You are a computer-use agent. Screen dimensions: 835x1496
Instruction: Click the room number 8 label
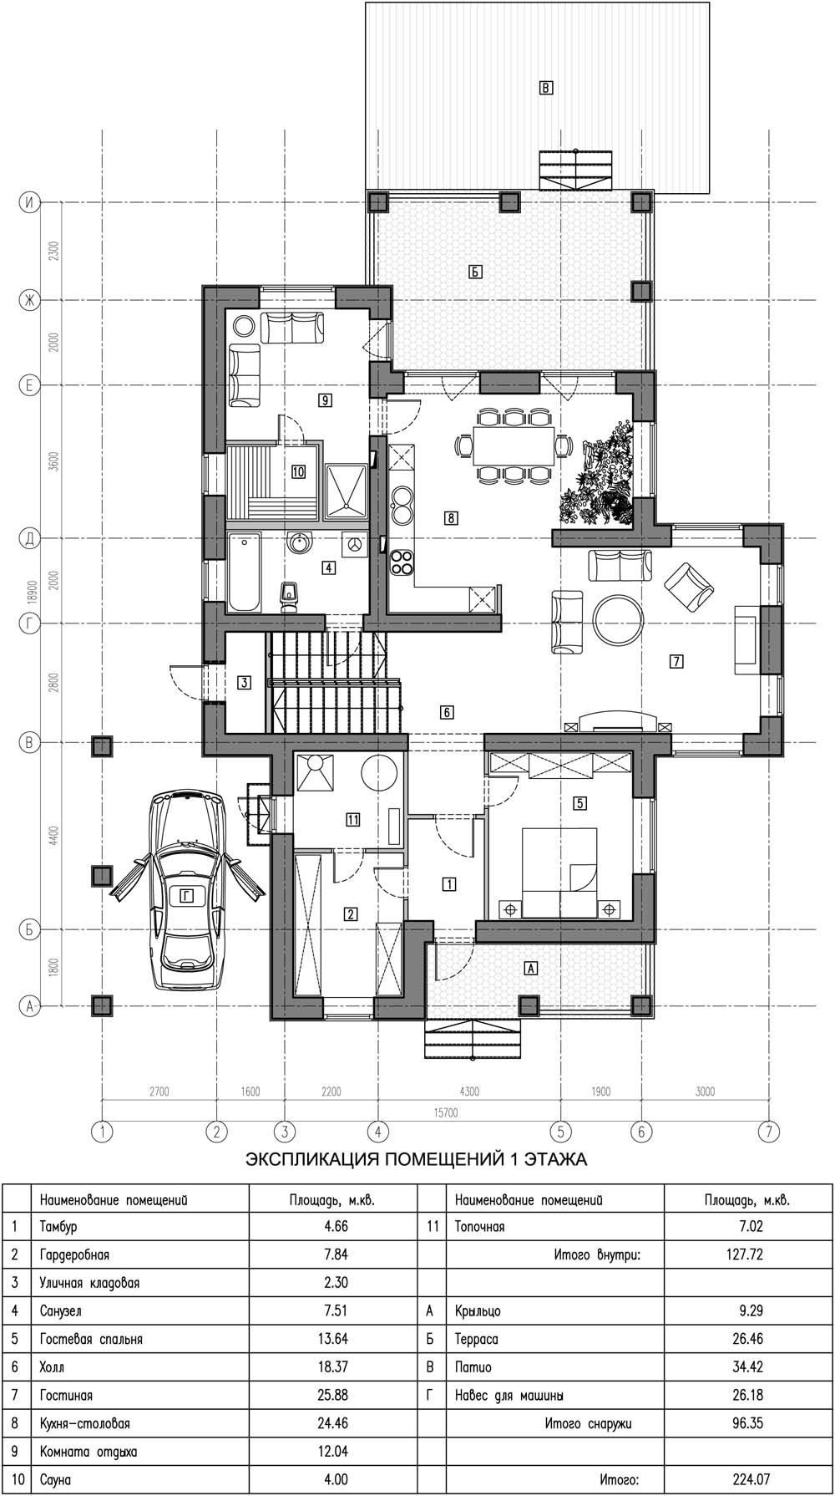click(x=451, y=518)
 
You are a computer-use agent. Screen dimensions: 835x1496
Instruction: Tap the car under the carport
click(x=187, y=892)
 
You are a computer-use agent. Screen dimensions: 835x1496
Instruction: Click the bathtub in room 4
click(x=245, y=573)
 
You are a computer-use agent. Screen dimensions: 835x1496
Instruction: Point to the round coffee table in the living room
click(x=619, y=619)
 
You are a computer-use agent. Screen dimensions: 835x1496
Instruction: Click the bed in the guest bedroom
click(x=559, y=873)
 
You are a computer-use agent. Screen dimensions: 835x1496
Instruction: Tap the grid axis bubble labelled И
click(x=30, y=203)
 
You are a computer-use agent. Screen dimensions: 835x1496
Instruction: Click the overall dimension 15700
click(x=445, y=1112)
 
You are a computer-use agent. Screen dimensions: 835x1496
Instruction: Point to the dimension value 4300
click(x=468, y=1091)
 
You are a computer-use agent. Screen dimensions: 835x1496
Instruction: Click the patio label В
click(x=546, y=87)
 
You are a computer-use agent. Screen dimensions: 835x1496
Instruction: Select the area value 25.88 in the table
click(x=333, y=1395)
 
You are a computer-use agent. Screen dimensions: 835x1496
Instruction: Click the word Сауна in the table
click(x=56, y=1479)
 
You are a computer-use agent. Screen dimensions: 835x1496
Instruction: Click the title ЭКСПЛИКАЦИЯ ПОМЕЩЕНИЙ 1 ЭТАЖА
click(x=416, y=1159)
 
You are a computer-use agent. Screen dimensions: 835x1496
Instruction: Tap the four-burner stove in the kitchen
click(x=402, y=562)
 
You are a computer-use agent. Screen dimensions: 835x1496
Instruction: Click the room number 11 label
click(x=353, y=820)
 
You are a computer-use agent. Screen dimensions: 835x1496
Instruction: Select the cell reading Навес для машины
click(x=509, y=1395)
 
